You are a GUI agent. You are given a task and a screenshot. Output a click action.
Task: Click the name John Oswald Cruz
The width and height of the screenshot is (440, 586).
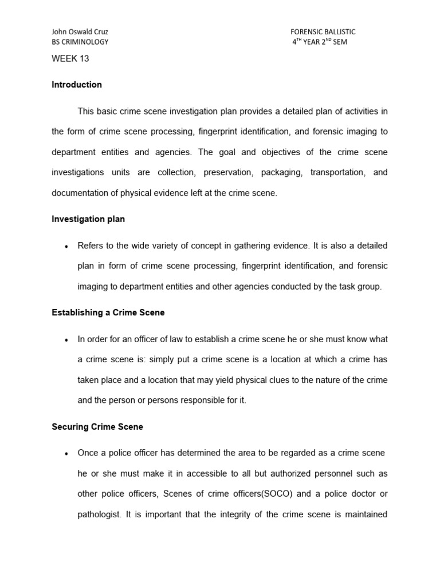(x=80, y=32)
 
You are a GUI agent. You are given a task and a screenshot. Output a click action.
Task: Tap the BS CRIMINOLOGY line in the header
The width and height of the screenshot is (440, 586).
(x=80, y=42)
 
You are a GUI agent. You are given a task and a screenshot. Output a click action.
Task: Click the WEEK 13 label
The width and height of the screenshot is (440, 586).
(x=70, y=58)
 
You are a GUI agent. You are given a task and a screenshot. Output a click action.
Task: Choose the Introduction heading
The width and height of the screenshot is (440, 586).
(x=77, y=85)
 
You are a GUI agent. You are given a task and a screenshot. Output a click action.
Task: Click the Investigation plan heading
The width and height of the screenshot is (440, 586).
(x=88, y=219)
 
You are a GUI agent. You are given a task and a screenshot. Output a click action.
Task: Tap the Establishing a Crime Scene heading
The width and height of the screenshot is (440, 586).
(x=108, y=312)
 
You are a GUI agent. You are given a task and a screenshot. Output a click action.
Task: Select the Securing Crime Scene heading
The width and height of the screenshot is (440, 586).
(x=97, y=427)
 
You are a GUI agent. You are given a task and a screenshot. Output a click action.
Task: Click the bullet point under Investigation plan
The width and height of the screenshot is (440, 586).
(x=66, y=246)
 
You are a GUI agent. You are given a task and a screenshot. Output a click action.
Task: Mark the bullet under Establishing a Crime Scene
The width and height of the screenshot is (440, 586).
(x=66, y=339)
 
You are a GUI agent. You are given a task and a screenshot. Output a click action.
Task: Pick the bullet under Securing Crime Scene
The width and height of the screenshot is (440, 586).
(x=66, y=453)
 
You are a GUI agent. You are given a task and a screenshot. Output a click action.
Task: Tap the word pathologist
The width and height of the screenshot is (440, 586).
(x=98, y=514)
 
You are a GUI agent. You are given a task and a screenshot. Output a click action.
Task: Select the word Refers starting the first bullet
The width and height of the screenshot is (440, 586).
(x=91, y=246)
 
